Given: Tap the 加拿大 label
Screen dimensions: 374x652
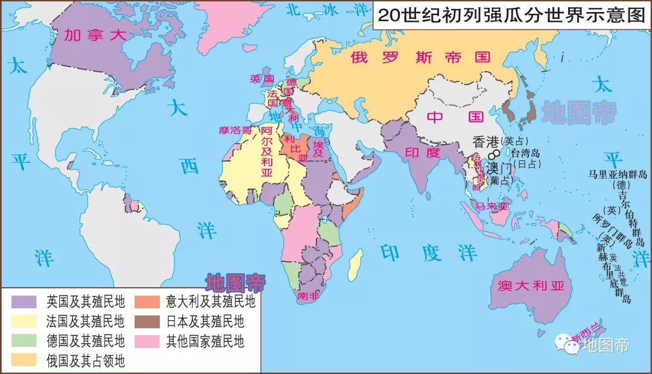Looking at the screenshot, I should point(95,36).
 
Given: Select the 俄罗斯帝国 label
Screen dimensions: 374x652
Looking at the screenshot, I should point(421,57).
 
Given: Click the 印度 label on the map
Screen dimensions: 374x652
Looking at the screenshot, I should point(422,153).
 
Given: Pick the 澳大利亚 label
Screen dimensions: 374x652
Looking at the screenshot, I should point(532,286).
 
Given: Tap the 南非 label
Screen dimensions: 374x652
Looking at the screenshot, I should point(307,296).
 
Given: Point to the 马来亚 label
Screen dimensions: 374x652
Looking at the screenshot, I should point(492,206).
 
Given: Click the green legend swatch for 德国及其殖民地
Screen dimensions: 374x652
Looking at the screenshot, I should point(25,341).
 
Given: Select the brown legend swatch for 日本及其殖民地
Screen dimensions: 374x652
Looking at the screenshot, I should point(147,321).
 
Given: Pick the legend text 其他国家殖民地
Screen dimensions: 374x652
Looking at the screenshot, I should point(205,341).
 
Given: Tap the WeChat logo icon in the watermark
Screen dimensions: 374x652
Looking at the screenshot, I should point(567,344).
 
